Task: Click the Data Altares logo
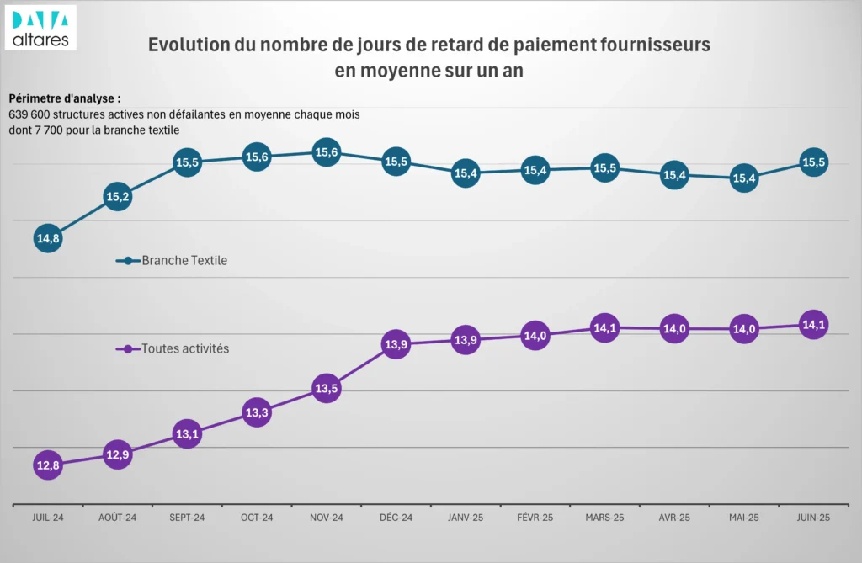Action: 40,27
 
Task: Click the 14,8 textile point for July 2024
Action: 48,239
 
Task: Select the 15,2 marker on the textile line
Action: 118,197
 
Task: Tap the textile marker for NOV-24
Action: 327,152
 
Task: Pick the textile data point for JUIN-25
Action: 813,162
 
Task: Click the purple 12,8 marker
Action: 48,465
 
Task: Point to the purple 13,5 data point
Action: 327,389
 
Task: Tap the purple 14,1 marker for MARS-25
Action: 604,328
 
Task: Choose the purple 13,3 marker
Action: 257,412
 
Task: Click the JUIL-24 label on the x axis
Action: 48,518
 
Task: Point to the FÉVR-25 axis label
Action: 535,518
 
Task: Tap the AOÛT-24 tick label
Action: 118,518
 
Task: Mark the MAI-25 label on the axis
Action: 744,518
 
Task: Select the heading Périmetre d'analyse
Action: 64,98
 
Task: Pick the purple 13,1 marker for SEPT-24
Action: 187,434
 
